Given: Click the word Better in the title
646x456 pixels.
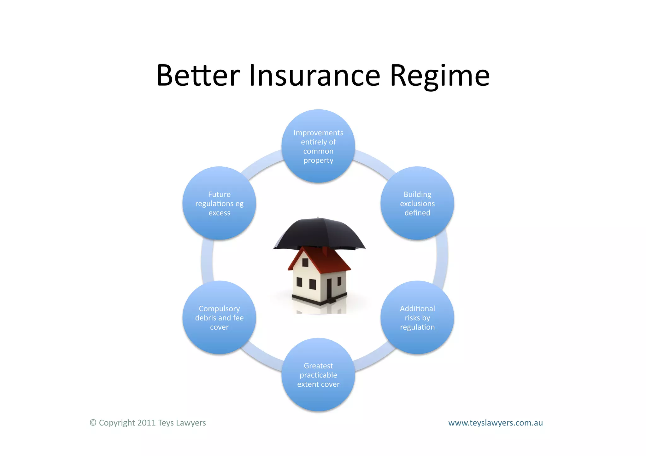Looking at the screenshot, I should click(x=198, y=76).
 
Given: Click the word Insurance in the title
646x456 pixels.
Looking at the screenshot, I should click(x=314, y=76).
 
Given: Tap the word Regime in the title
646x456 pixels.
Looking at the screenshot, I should click(x=440, y=76).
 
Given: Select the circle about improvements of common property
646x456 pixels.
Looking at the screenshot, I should click(x=318, y=146).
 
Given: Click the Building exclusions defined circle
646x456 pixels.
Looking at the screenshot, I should click(x=417, y=203).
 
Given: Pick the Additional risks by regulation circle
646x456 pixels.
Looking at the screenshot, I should click(x=417, y=317).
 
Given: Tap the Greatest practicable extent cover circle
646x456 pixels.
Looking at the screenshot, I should click(x=318, y=375).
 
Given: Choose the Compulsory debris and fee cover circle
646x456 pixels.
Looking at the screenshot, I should click(x=219, y=317).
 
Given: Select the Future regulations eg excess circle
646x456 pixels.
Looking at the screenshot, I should click(x=219, y=203).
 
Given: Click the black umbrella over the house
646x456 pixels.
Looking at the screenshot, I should click(x=319, y=233).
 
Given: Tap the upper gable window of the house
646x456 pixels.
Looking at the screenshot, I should click(x=305, y=262).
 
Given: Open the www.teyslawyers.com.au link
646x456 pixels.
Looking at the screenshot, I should click(x=495, y=423).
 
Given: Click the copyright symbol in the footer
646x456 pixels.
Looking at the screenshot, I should click(x=93, y=423).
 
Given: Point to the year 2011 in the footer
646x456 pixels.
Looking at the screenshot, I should click(x=146, y=423).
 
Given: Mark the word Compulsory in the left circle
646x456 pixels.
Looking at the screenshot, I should click(x=219, y=309).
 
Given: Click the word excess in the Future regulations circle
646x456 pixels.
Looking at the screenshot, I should click(x=219, y=213).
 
